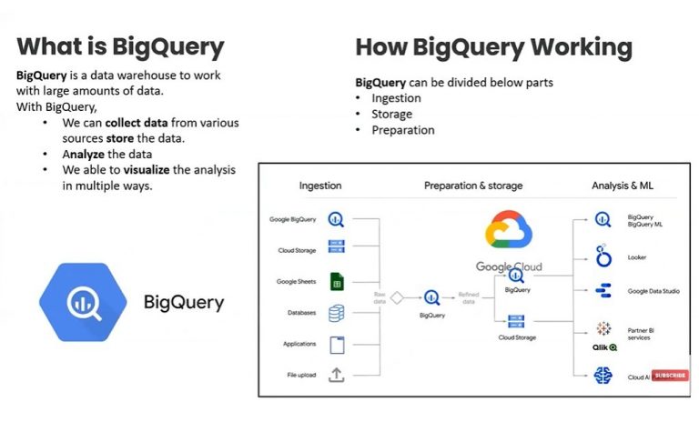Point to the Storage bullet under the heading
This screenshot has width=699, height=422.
[x=391, y=114]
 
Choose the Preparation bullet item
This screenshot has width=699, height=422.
[x=402, y=130]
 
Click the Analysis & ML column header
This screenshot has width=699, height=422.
[x=623, y=186]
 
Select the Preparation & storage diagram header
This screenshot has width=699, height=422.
[x=473, y=186]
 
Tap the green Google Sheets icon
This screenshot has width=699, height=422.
[x=337, y=282]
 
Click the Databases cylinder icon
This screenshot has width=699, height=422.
[x=337, y=313]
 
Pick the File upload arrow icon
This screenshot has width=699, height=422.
[x=337, y=375]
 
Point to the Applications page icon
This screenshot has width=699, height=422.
[x=337, y=345]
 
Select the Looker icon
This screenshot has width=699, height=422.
[x=603, y=256]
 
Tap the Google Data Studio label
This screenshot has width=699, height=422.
[x=653, y=291]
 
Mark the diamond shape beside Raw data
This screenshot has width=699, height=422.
[x=396, y=296]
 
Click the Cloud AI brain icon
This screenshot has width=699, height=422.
[x=603, y=375]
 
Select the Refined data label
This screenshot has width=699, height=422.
[x=468, y=298]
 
